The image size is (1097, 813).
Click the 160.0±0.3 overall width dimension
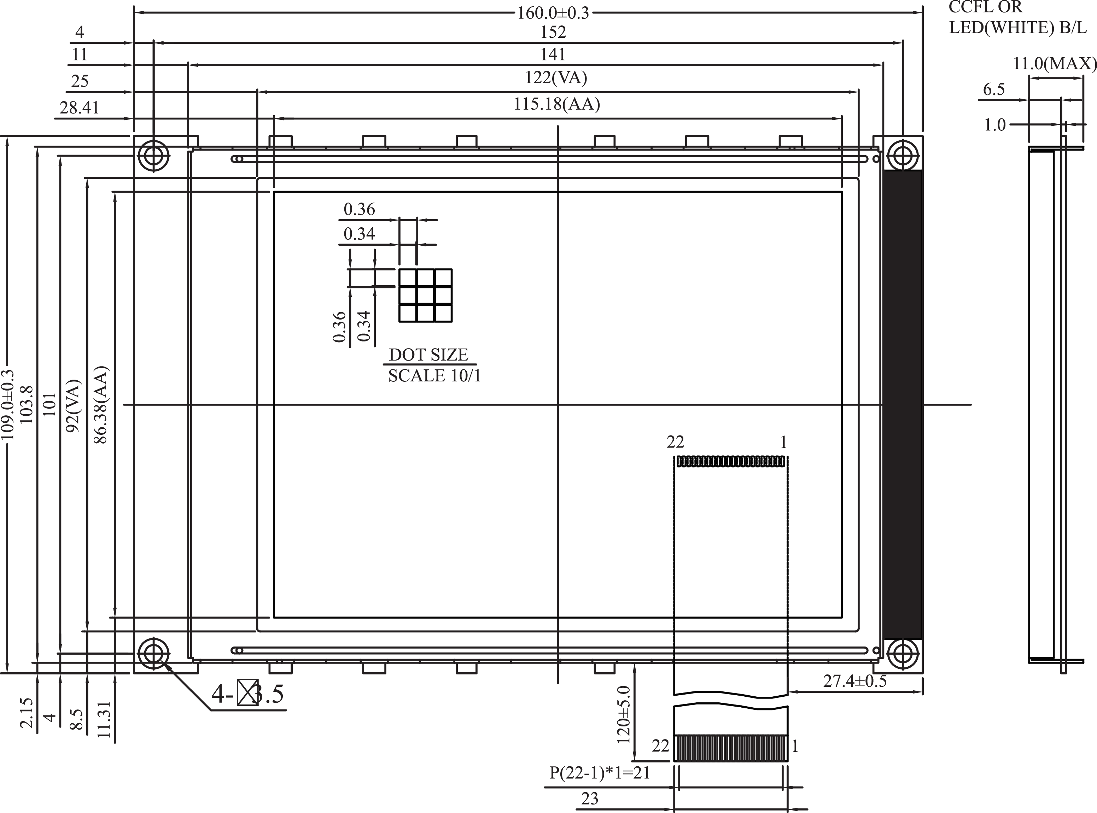(553, 13)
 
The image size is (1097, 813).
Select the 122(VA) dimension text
(556, 78)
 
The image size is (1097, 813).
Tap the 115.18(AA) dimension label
(556, 104)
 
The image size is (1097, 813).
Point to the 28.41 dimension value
(79, 107)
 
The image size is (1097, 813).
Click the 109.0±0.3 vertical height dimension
(8, 404)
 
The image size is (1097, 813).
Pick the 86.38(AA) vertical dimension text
(101, 404)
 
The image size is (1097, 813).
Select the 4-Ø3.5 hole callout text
(247, 694)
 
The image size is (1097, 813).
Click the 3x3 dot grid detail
(425, 296)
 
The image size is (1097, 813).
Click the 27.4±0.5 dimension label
(855, 681)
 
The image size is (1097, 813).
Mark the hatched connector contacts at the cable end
(731, 748)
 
